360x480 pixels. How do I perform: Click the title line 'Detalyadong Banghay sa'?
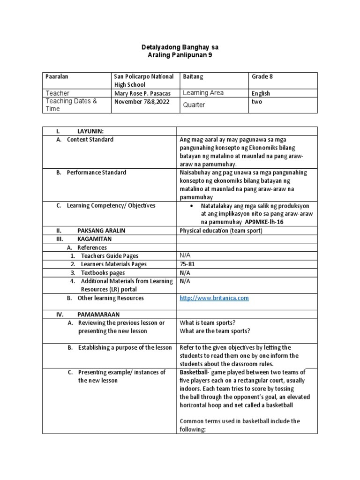pos(180,48)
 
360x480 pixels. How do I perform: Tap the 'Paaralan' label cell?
pos(56,76)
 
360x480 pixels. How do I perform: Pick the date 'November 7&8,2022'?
pos(140,101)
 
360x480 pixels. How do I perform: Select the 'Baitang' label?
pos(193,76)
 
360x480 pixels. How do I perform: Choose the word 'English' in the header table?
pos(261,93)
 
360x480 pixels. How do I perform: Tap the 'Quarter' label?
pos(194,105)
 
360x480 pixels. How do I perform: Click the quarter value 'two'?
pos(257,101)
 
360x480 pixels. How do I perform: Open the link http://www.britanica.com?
pos(214,298)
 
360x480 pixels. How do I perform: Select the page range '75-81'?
pos(187,264)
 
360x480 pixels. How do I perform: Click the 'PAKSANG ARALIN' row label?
pos(101,231)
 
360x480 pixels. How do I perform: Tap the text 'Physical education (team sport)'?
pos(221,231)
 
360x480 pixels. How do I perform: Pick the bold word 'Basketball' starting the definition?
pos(195,373)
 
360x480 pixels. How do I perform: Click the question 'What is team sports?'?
pos(207,323)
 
